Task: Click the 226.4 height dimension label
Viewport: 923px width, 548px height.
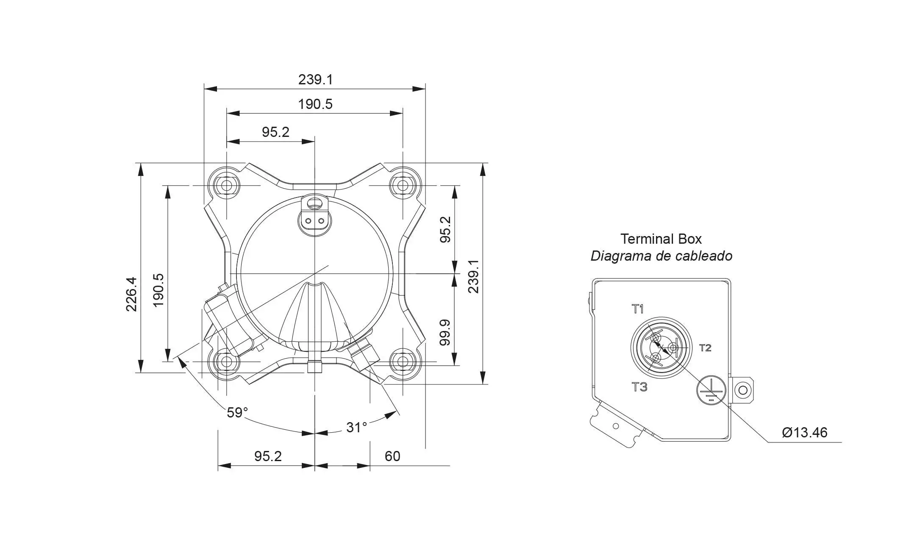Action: [x=131, y=294]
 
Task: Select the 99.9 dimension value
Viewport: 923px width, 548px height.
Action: [x=445, y=333]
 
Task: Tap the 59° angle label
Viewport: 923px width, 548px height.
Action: [x=237, y=412]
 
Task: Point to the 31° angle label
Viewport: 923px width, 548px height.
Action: [x=356, y=427]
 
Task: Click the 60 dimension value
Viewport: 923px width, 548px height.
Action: [x=392, y=456]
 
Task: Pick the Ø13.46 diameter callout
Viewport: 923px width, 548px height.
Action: [x=805, y=432]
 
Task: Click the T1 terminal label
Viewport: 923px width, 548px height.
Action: [x=638, y=309]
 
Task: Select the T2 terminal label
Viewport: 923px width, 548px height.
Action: [x=705, y=348]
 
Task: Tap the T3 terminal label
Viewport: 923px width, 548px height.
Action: [x=639, y=387]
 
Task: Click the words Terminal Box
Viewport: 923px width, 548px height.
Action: [x=661, y=239]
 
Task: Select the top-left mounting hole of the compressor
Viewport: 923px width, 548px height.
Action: [x=227, y=186]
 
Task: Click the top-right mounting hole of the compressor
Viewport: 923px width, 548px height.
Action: [x=403, y=186]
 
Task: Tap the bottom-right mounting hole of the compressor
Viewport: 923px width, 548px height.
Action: [x=403, y=362]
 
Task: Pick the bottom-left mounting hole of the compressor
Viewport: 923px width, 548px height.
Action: [x=227, y=362]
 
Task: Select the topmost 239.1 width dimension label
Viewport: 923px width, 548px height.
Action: [x=315, y=79]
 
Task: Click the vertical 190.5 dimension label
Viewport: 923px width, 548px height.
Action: [x=158, y=290]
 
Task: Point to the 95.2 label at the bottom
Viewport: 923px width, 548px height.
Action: [x=268, y=456]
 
